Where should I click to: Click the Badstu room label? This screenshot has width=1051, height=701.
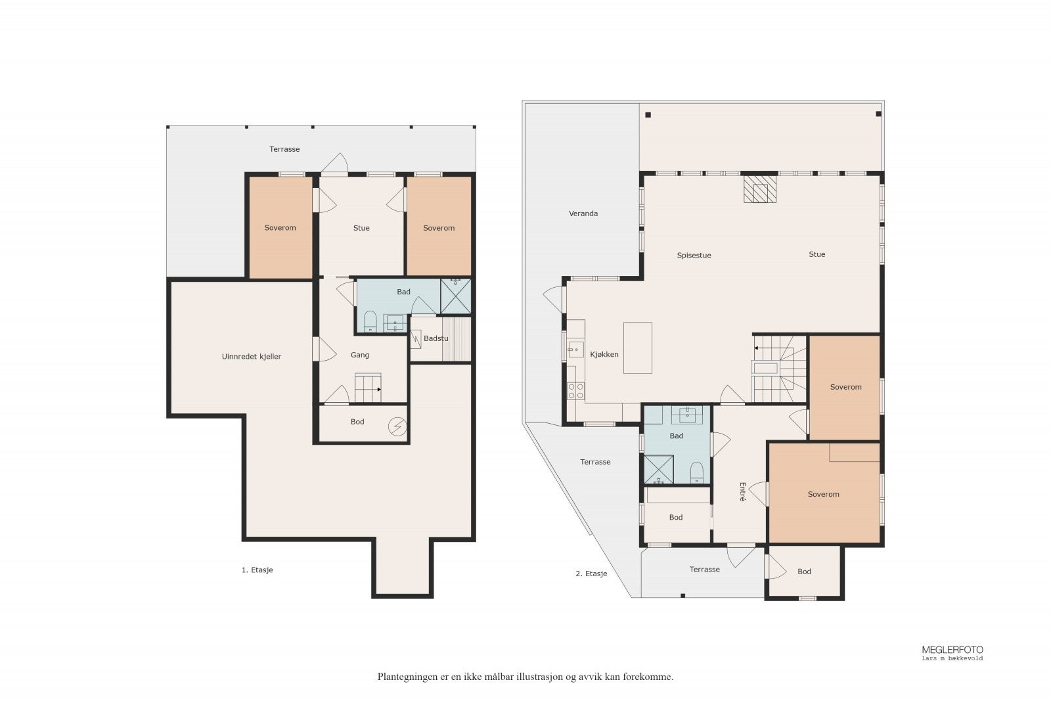coord(436,338)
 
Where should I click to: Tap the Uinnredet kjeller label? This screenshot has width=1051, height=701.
coord(252,357)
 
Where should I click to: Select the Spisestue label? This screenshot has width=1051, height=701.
coord(694,256)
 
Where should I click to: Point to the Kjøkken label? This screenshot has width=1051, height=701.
coord(604,355)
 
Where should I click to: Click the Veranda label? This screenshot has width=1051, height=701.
coord(583,214)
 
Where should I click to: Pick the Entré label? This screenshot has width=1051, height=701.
coord(742,491)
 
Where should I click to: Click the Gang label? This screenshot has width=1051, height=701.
coord(360,355)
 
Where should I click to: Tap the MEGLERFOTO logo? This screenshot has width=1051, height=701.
coord(952,652)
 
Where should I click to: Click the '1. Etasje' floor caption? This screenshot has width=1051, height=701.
coord(257,570)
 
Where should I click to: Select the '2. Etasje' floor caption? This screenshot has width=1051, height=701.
coord(591,574)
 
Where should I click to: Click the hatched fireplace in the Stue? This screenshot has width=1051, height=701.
coord(760,189)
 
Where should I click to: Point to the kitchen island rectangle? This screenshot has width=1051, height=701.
coord(638,348)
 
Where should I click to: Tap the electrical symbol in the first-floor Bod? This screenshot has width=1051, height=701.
coord(397,426)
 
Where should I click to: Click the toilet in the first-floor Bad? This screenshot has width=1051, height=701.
coord(370,321)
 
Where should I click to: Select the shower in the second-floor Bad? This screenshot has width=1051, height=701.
coord(659,470)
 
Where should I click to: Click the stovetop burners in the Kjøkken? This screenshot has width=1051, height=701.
coord(575,391)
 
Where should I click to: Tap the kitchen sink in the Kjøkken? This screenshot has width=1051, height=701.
coord(575,350)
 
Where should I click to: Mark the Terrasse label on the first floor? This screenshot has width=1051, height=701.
coord(284,149)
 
